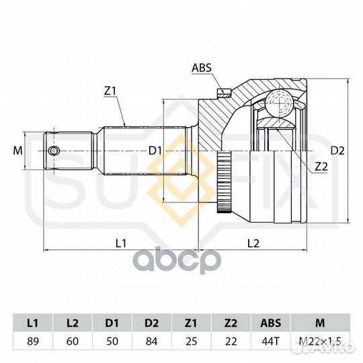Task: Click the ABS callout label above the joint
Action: tap(202, 68)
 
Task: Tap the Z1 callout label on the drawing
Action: tap(110, 91)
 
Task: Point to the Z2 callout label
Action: tap(321, 167)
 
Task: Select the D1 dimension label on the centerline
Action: tap(155, 151)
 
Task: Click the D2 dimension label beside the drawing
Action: tap(337, 151)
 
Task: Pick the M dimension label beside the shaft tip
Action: tap(17, 151)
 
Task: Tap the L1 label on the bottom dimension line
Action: tap(121, 243)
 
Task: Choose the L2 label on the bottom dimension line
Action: tap(253, 243)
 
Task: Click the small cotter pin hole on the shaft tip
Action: tap(54, 151)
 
